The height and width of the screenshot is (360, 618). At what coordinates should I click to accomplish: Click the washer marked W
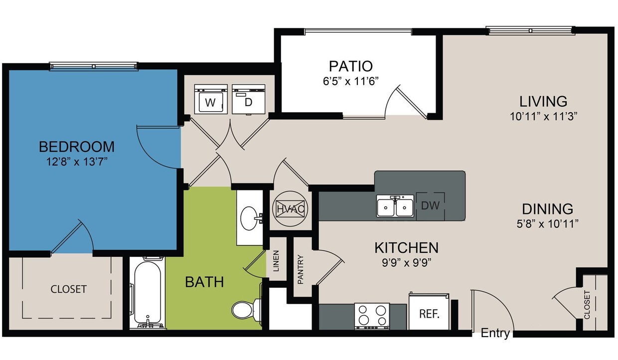coord(210,100)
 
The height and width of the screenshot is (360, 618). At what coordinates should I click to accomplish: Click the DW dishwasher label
coord(431,205)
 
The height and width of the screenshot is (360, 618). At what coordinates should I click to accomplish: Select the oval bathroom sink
coord(249,217)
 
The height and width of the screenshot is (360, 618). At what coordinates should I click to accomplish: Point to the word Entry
coord(495,334)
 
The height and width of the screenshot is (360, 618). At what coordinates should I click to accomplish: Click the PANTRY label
coord(301,270)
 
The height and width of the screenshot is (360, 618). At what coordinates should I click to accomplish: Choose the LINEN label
coord(276,261)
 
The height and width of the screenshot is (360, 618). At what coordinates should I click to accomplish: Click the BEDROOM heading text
coord(77,147)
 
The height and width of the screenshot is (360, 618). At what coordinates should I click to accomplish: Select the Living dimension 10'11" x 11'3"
coord(543,116)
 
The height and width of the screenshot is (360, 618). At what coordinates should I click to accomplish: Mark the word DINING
coord(547,209)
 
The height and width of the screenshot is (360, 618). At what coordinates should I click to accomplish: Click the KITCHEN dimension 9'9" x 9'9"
coord(406,262)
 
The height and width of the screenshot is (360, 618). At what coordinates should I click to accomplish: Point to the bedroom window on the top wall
coord(94,66)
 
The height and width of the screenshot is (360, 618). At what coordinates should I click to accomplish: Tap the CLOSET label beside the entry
coord(587,305)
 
